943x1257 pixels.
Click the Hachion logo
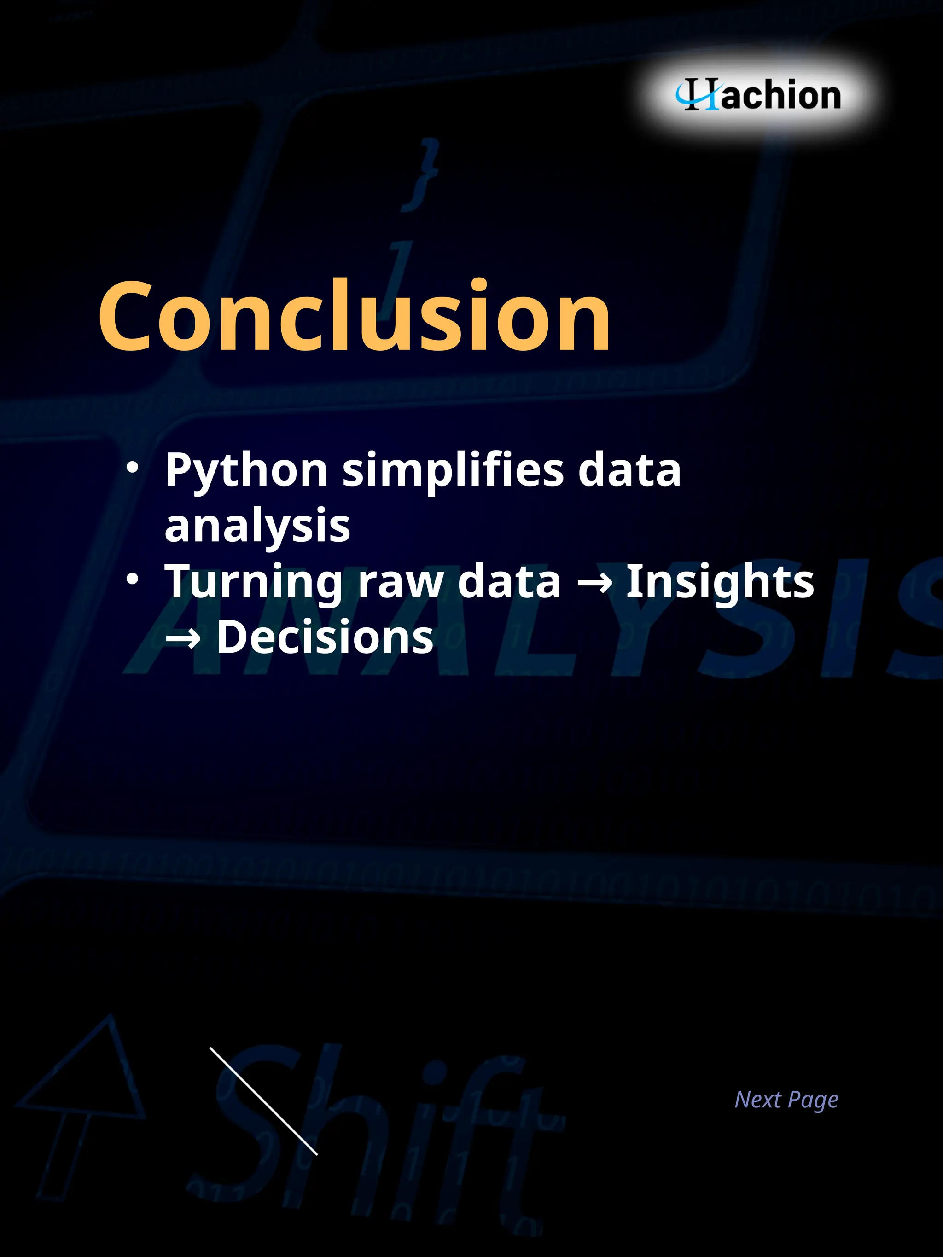click(x=759, y=95)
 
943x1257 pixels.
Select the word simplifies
click(x=453, y=471)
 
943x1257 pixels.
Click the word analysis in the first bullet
click(x=257, y=526)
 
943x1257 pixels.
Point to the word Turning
click(x=253, y=582)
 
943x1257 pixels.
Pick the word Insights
click(x=720, y=582)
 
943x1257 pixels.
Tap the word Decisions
click(x=325, y=637)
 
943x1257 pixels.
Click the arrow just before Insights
click(x=594, y=583)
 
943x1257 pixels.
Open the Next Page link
click(x=786, y=1100)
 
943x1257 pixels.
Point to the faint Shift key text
click(x=375, y=1131)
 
